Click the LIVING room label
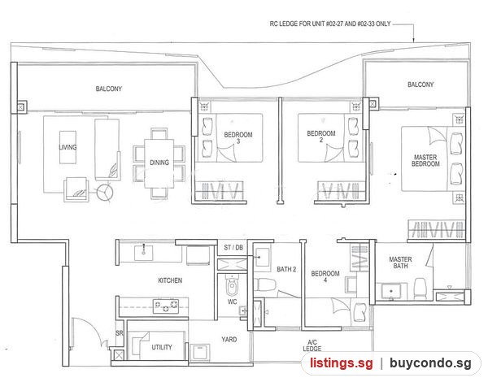68,147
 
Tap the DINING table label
159,163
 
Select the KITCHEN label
170,280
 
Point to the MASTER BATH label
400,263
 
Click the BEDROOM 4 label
325,276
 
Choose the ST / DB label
233,247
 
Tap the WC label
232,302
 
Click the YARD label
229,340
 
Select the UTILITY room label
162,347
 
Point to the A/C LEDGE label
312,345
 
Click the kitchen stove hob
166,306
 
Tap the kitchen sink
143,252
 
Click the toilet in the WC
232,285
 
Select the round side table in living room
105,193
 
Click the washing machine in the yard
200,352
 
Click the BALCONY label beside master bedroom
420,85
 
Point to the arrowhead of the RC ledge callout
414,40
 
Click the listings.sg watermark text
342,363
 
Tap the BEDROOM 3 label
238,138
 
